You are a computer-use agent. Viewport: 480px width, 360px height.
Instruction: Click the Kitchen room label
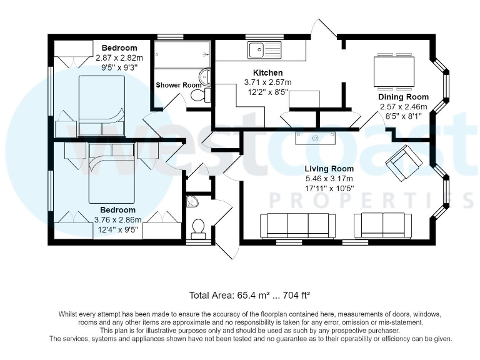coord(268,73)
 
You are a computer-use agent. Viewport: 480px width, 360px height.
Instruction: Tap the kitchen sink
coord(264,50)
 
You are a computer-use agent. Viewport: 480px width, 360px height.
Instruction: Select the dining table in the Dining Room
coord(394,72)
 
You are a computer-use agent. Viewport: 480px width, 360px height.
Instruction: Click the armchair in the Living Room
coord(404,162)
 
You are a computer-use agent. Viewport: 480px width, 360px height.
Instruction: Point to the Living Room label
coord(329,169)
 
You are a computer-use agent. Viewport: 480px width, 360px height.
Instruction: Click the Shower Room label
coord(179,85)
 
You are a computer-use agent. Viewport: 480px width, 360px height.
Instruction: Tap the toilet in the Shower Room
coord(201,95)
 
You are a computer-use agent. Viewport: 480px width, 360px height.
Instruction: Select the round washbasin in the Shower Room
coord(205,76)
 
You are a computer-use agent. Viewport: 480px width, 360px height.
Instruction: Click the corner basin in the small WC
coord(192,201)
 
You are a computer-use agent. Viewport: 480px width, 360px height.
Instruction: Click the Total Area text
coord(250,296)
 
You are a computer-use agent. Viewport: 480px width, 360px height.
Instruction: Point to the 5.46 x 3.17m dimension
coord(329,179)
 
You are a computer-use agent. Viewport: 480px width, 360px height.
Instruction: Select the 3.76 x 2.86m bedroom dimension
coord(118,220)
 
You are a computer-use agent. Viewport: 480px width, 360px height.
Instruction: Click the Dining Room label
coord(404,97)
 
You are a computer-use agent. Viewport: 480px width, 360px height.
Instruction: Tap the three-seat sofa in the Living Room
coord(298,226)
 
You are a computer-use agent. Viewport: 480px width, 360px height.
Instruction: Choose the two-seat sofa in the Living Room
coord(382,226)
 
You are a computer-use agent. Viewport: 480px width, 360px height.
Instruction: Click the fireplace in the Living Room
coord(315,138)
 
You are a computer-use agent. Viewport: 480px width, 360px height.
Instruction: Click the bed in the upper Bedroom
coord(102,106)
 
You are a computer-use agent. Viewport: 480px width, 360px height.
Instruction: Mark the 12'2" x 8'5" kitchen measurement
coord(268,92)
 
